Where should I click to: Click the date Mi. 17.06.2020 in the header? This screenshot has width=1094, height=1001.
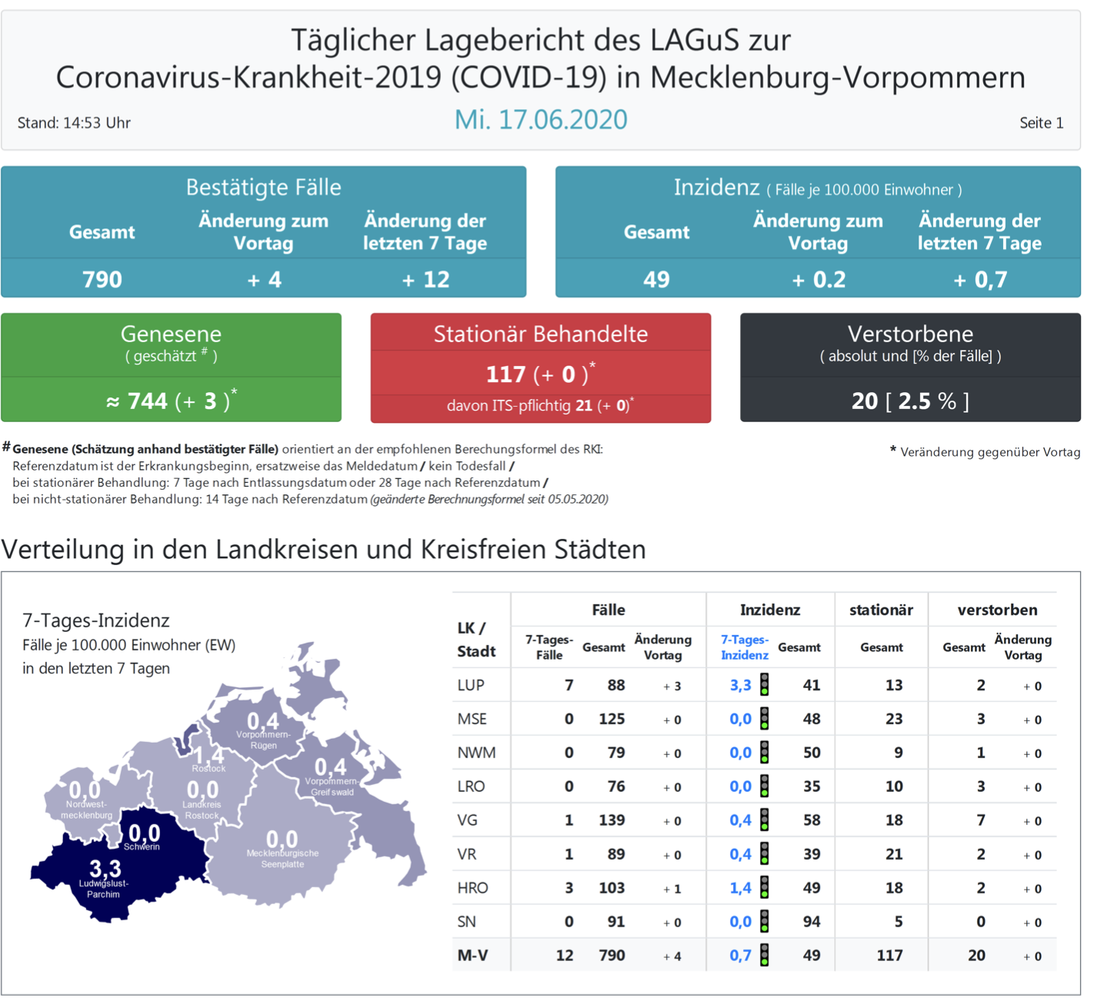tap(541, 120)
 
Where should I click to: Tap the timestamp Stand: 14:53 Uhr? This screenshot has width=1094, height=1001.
tap(74, 123)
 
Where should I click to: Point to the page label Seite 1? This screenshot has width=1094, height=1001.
tap(1041, 123)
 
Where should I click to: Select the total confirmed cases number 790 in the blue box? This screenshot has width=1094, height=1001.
tap(102, 279)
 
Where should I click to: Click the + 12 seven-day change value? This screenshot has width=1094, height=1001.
tap(425, 279)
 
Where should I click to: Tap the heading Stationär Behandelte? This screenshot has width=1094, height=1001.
tap(540, 334)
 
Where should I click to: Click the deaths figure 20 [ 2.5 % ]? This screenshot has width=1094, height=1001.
tap(910, 401)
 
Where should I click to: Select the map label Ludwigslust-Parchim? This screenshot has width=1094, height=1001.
tap(104, 889)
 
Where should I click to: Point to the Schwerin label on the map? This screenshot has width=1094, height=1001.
tap(142, 846)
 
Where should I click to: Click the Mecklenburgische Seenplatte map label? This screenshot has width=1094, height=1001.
tap(282, 858)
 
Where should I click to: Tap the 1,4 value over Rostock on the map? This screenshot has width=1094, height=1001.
tap(208, 756)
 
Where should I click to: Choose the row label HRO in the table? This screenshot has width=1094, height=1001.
tap(472, 888)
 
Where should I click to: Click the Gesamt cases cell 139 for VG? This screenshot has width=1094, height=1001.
tap(612, 820)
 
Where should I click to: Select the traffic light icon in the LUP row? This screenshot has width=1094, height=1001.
tap(765, 684)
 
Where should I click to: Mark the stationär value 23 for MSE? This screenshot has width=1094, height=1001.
tap(893, 719)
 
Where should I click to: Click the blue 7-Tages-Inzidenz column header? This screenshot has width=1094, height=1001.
tap(744, 647)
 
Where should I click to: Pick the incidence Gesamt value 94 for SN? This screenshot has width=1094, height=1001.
tap(811, 922)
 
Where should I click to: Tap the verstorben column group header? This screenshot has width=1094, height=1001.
tap(997, 610)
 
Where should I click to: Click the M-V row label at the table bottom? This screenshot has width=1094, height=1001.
tap(472, 956)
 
